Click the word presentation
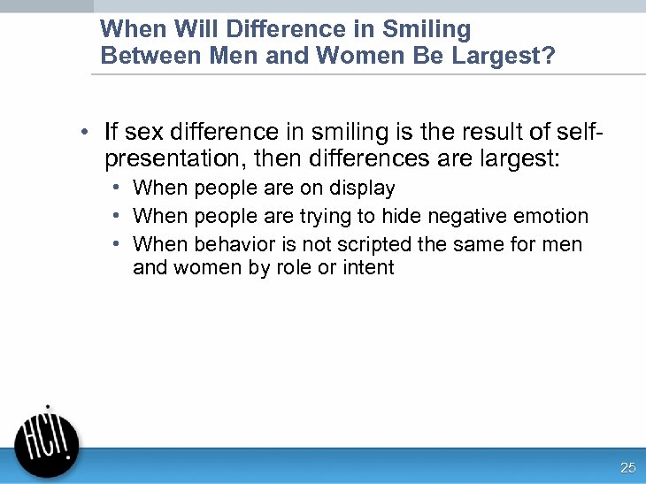pos(167,161)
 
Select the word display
pos(362,188)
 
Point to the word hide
pos(401,216)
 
